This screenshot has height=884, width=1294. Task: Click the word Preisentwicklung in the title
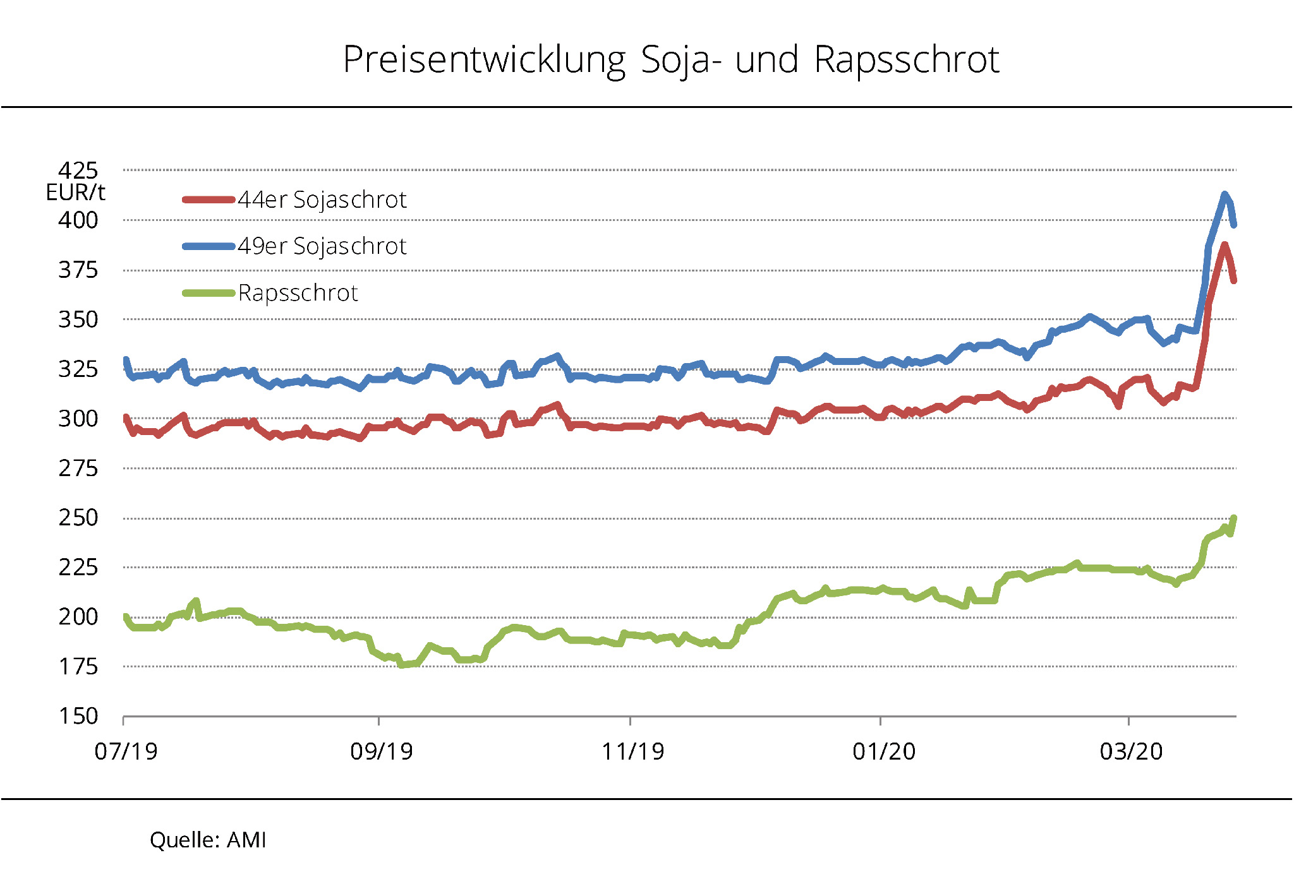click(484, 61)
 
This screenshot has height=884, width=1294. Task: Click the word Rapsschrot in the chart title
click(906, 60)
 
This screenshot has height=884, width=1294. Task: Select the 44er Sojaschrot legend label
click(322, 200)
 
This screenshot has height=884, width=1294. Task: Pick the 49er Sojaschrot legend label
click(322, 246)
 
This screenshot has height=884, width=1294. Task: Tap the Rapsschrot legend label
click(298, 293)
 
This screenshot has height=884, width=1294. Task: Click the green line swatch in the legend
click(209, 293)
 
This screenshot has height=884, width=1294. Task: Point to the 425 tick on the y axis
click(78, 170)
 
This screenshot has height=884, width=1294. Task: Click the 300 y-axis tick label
click(78, 419)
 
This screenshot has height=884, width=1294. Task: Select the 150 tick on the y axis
click(78, 716)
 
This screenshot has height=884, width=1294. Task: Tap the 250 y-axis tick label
click(78, 518)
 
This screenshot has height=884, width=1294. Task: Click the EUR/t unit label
click(75, 193)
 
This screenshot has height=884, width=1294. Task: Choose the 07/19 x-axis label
click(126, 751)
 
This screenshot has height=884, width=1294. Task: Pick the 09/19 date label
click(381, 751)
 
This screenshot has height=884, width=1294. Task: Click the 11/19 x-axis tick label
click(632, 751)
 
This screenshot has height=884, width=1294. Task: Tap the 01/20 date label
click(883, 751)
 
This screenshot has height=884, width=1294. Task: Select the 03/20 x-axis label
click(1131, 751)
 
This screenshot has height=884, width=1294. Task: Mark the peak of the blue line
click(1224, 194)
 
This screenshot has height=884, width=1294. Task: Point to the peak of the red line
click(1224, 245)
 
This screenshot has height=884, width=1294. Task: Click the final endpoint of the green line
click(1234, 518)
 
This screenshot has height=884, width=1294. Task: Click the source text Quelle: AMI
click(208, 840)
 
